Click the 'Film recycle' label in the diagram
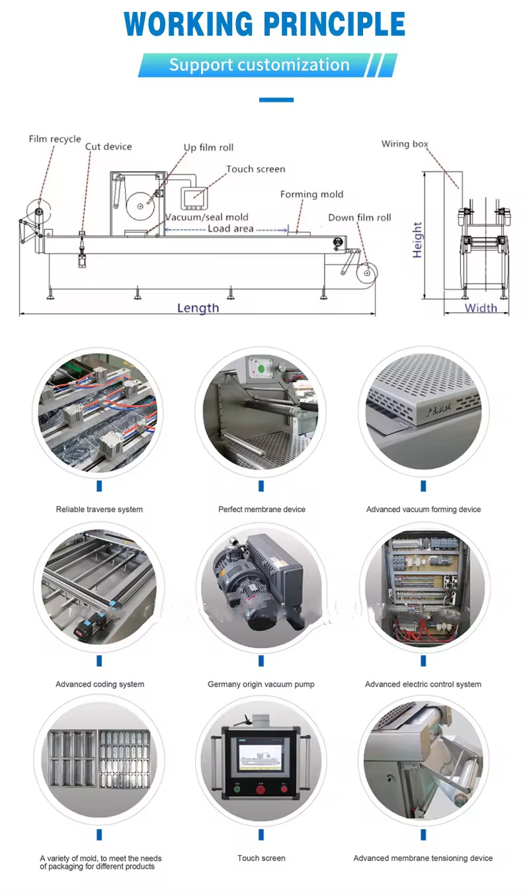(x=55, y=139)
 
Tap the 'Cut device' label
(x=108, y=147)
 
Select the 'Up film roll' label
(x=208, y=147)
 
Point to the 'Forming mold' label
(x=311, y=194)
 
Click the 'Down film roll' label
(x=360, y=217)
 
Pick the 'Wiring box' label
(x=405, y=144)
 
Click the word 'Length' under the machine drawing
(x=198, y=307)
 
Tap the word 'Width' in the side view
(x=481, y=307)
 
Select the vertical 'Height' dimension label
(x=417, y=239)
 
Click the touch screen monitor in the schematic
(x=194, y=196)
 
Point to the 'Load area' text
(x=230, y=229)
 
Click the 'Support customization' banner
(x=259, y=65)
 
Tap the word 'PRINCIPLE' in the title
(x=335, y=24)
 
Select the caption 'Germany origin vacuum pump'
(x=261, y=684)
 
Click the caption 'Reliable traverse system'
(x=99, y=509)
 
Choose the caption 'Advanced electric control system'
(x=423, y=684)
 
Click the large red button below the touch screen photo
(x=261, y=789)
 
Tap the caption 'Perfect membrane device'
(x=262, y=509)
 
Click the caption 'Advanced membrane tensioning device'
(x=423, y=858)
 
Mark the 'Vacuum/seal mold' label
(x=207, y=217)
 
